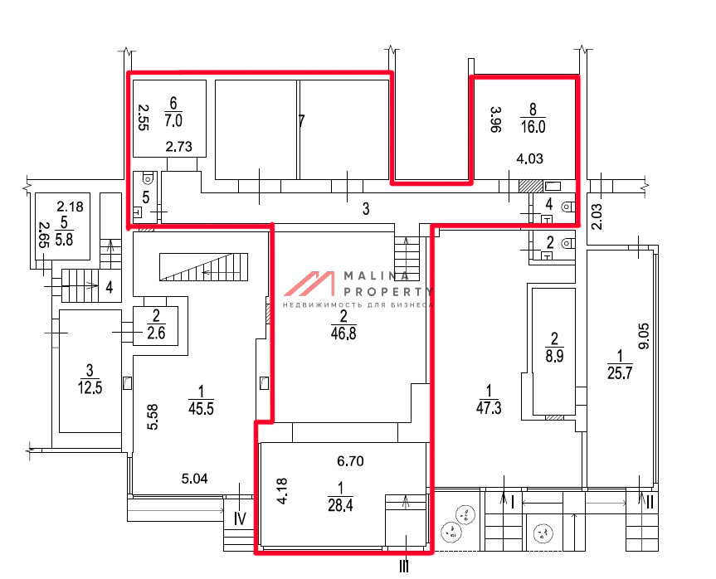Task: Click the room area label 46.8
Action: (343, 333)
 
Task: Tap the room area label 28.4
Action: (340, 505)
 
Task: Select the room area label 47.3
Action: (489, 408)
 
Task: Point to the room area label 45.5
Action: (201, 409)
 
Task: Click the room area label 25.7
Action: (620, 373)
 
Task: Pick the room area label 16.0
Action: (533, 126)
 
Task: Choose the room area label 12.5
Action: (90, 387)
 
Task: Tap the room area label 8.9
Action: (554, 356)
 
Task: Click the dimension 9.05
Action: (643, 336)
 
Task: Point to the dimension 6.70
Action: (350, 461)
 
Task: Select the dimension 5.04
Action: (194, 479)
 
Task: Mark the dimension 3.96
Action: (496, 119)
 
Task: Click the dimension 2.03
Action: (597, 217)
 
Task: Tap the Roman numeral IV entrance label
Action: (240, 518)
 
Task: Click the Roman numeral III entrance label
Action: (404, 567)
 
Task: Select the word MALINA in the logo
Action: (376, 275)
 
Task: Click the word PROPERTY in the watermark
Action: (387, 291)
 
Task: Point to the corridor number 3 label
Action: (366, 209)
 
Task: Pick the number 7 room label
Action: (301, 121)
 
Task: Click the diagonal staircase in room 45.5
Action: (203, 266)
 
